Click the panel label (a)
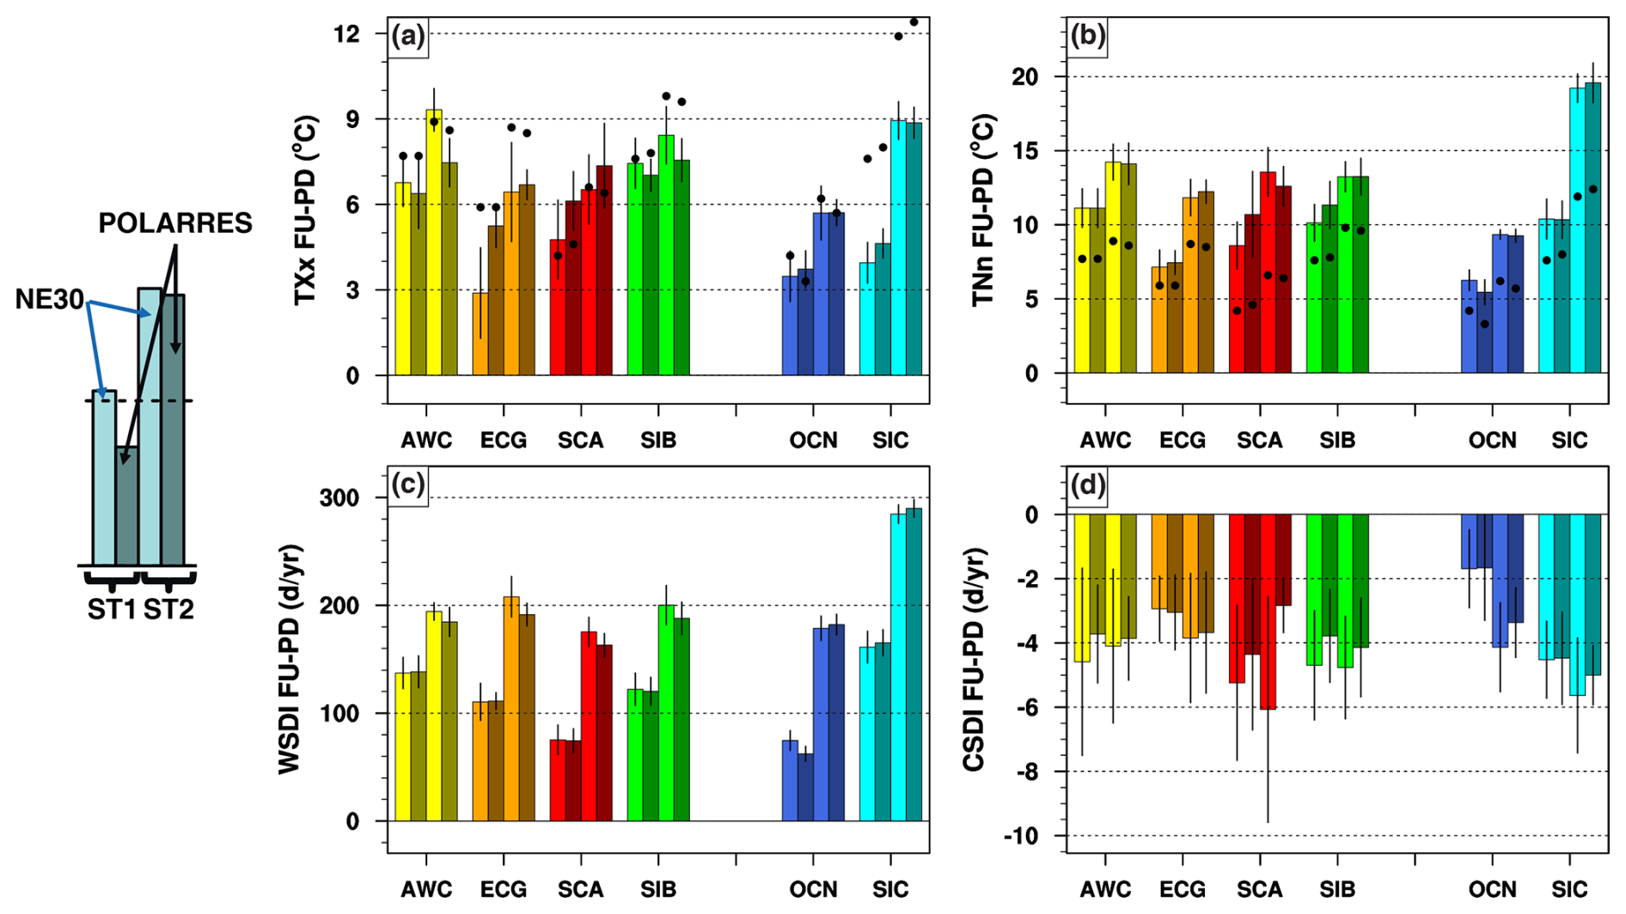click(x=408, y=36)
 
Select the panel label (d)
click(x=1087, y=486)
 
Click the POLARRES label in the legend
click(x=175, y=223)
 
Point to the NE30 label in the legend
click(x=49, y=300)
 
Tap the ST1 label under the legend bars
click(x=112, y=610)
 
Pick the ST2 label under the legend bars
click(x=168, y=610)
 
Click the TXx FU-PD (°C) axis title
click(x=306, y=210)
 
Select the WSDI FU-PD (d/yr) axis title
click(x=290, y=660)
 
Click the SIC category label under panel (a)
click(x=890, y=441)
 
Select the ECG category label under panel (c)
click(x=504, y=890)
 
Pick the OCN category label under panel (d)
click(x=1492, y=890)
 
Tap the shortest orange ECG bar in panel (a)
click(x=480, y=334)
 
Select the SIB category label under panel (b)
click(x=1337, y=441)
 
